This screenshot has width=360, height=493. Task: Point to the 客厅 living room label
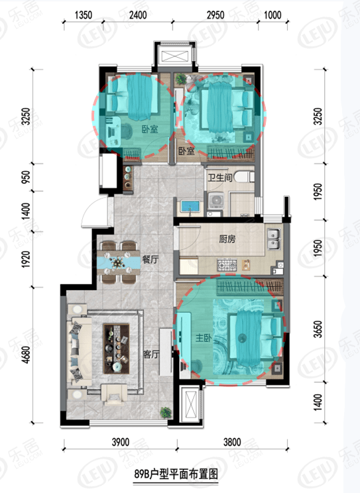[x=152, y=354]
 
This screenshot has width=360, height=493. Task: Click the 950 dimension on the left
[x=25, y=177]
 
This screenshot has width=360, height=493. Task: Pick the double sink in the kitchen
[x=274, y=236]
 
